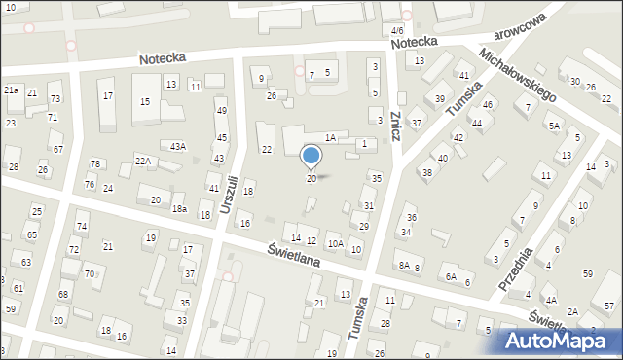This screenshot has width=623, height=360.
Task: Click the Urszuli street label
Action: (228, 192)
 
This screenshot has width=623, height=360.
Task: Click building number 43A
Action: (177, 146)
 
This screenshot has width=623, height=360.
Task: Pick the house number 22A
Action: (144, 161)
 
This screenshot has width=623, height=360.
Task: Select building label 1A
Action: (331, 138)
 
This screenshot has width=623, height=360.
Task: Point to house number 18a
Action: (179, 209)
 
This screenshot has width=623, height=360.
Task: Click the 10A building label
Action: (335, 244)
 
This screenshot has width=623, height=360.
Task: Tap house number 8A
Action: (403, 265)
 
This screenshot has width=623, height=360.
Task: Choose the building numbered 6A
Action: (452, 276)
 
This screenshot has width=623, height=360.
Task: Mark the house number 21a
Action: (12, 90)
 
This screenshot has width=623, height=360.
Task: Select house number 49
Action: (221, 111)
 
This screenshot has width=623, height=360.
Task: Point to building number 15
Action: (145, 101)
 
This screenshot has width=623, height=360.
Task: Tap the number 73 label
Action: (55, 99)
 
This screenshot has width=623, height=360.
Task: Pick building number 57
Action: (609, 306)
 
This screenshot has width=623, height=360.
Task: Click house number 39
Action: (440, 99)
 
